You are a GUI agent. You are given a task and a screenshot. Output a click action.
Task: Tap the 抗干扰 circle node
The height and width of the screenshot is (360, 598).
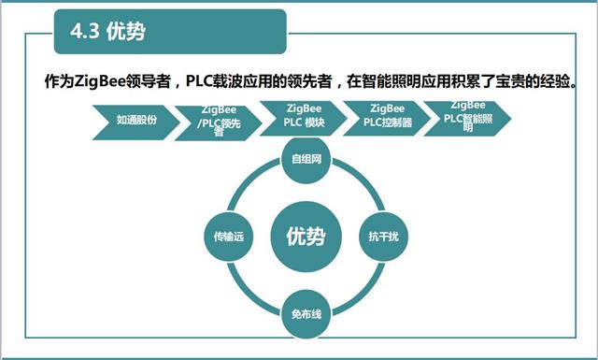click(x=377, y=237)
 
